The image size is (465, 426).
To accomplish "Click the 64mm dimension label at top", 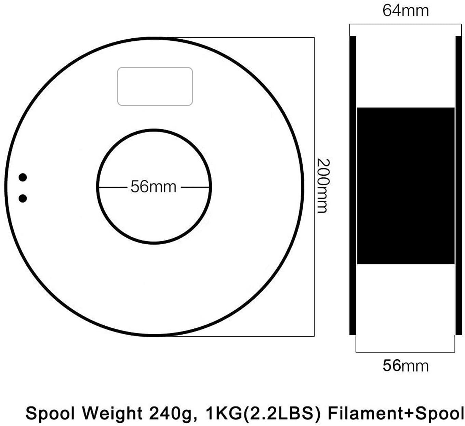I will click(405, 10).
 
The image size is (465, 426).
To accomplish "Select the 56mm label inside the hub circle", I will click(153, 187).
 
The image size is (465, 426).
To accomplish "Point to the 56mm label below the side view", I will click(405, 366).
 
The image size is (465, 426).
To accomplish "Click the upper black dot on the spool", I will click(23, 177).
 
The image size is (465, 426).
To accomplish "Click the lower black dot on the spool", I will click(23, 198).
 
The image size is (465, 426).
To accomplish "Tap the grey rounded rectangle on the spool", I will click(155, 86).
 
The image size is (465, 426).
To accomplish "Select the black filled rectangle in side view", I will click(406, 186).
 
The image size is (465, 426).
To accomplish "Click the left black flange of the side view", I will click(353, 185).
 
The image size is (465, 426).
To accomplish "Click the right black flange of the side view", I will click(459, 185).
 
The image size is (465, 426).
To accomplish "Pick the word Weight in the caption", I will click(112, 413).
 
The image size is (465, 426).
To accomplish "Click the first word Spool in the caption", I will click(50, 413).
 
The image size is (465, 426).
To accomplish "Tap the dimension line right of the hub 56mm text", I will click(194, 187).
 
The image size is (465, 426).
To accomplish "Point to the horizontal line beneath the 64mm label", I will click(405, 24).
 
